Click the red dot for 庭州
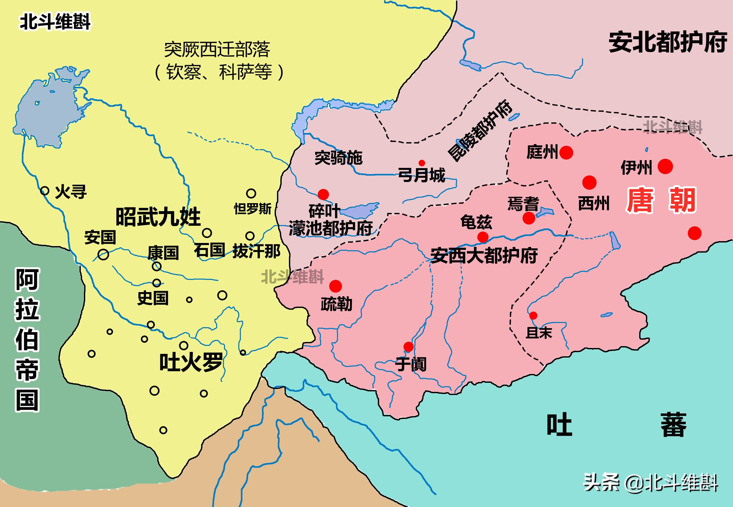tap(566, 153)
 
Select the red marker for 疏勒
tap(335, 286)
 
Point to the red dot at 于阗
tap(408, 347)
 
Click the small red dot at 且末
tap(533, 315)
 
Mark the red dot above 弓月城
tap(422, 163)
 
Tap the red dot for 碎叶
tap(323, 194)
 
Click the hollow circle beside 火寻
tap(45, 191)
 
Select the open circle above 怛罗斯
tap(251, 193)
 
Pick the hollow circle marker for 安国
tap(103, 254)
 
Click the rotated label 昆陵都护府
tap(480, 130)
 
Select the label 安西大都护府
tap(484, 255)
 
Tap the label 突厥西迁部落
tap(217, 50)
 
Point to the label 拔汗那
tap(256, 251)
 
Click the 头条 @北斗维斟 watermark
tap(650, 483)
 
